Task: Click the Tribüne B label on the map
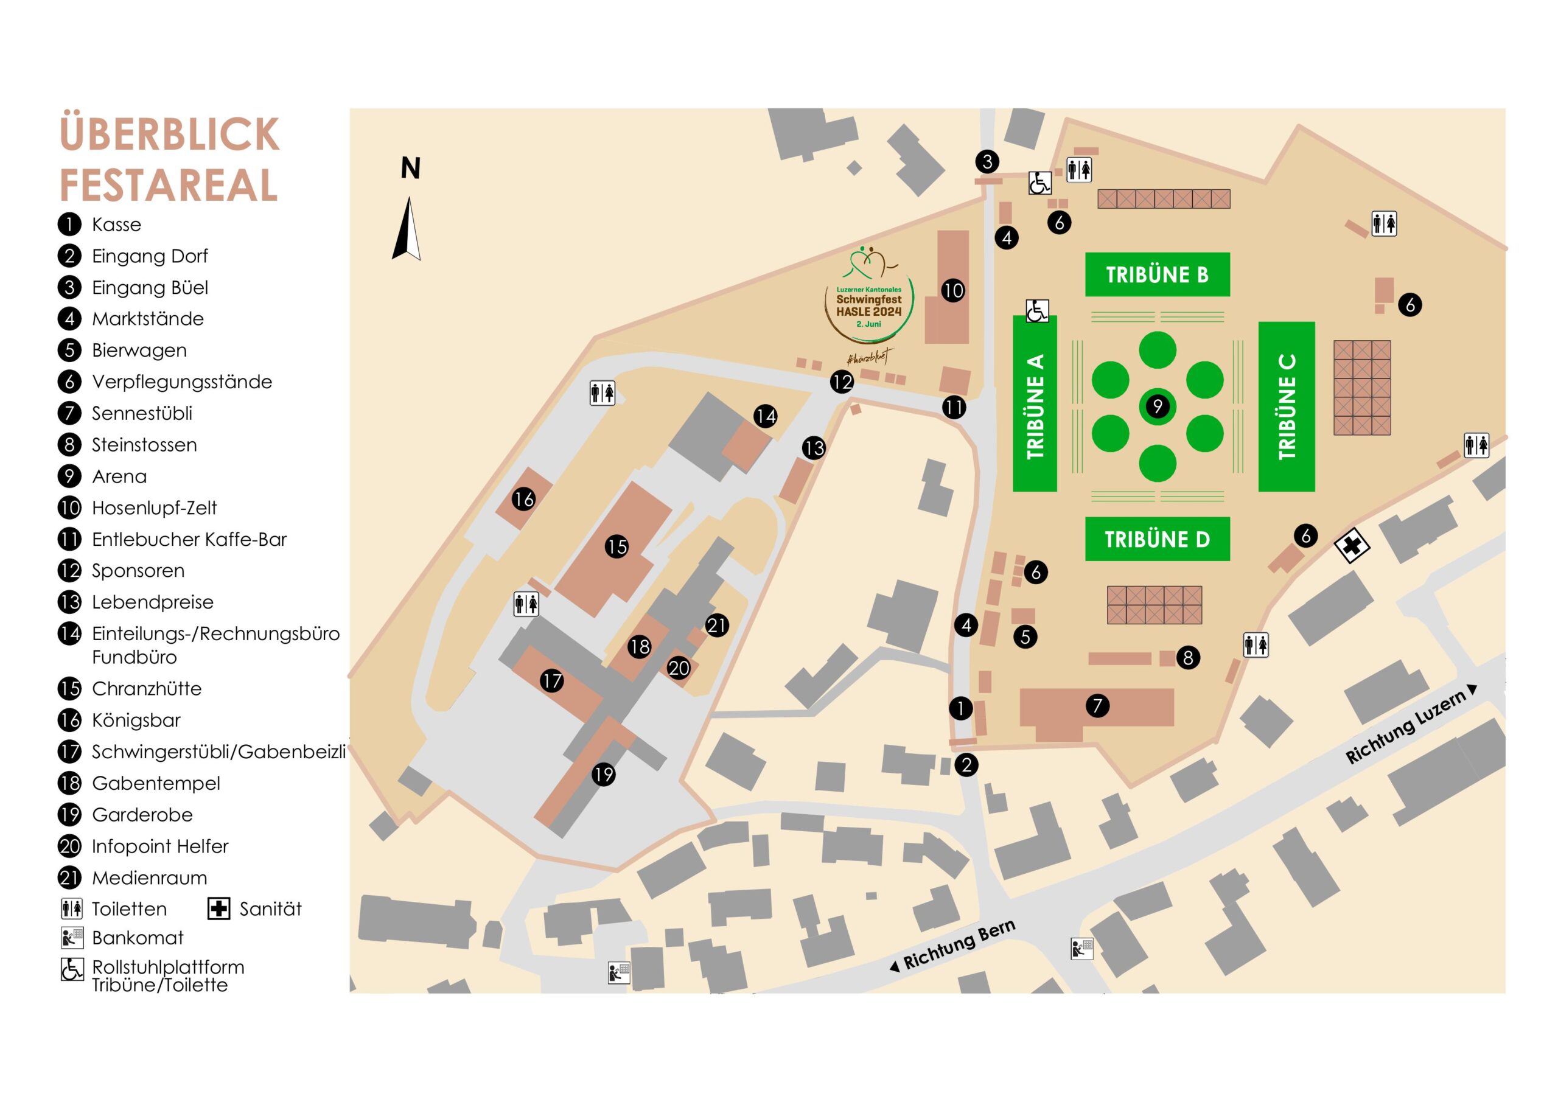point(1157,275)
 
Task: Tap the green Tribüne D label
point(1157,540)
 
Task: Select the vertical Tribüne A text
point(1035,406)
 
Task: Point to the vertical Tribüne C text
point(1287,406)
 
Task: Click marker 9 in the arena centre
point(1158,406)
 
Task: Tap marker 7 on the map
point(1097,706)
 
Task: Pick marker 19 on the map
point(603,774)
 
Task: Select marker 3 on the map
point(987,161)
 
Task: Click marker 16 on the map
point(524,500)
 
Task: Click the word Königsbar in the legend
point(136,720)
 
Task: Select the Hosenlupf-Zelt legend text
point(154,507)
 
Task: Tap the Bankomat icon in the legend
point(72,937)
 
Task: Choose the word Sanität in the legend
point(270,908)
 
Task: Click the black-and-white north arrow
point(407,229)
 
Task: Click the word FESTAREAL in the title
point(169,185)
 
